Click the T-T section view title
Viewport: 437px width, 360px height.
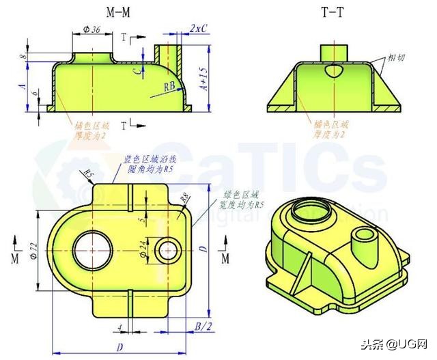[x=333, y=12]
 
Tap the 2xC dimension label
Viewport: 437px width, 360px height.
[x=199, y=29]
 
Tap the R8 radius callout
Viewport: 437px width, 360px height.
[x=184, y=199]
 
